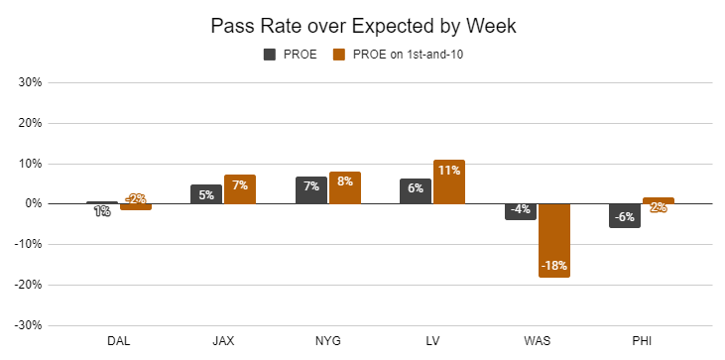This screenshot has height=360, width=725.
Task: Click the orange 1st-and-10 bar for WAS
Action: [x=554, y=240]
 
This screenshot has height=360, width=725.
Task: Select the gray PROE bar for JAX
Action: [x=206, y=194]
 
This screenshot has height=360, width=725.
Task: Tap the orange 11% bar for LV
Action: [x=449, y=181]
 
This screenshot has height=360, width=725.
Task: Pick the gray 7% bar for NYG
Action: [x=311, y=190]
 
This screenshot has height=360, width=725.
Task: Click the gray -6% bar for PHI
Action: [x=625, y=215]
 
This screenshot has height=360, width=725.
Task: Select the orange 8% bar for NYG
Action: [x=345, y=187]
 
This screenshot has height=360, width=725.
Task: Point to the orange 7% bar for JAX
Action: [x=240, y=189]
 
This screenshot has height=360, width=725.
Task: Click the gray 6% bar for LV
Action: [x=416, y=191]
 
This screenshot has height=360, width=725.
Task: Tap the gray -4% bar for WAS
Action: [x=521, y=211]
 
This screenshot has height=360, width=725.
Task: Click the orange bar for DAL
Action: [x=136, y=206]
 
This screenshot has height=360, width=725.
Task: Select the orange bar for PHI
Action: [x=659, y=200]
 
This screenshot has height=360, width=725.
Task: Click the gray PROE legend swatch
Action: [x=270, y=55]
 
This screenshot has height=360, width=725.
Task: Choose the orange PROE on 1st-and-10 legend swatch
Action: [x=339, y=55]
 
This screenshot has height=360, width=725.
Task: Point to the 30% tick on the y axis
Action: [x=31, y=82]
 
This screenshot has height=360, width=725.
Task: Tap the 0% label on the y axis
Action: [x=34, y=203]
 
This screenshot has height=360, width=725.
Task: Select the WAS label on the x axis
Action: [x=538, y=341]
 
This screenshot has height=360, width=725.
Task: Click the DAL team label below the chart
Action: [x=119, y=341]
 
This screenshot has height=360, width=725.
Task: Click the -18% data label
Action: [x=554, y=266]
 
